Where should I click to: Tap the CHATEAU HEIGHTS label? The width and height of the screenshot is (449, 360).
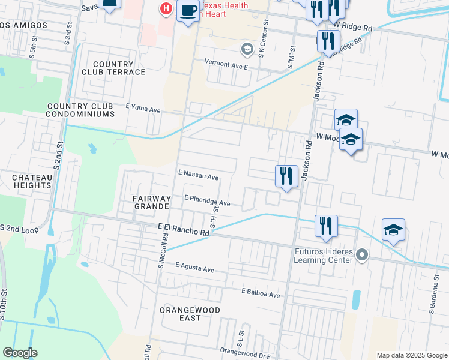pos(31,181)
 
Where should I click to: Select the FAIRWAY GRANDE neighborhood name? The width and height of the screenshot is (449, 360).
pos(150,202)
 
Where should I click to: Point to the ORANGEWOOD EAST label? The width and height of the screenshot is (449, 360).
pos(190,314)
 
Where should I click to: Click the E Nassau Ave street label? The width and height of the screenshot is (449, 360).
pos(199,177)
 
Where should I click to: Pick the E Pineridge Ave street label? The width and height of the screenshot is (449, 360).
pos(207,200)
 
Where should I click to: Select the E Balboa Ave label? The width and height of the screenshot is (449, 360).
pos(261,294)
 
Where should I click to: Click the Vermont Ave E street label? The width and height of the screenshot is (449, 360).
pos(226,62)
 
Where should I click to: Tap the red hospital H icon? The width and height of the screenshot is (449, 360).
pos(166,8)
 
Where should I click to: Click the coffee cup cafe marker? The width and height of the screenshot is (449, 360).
pos(188,11)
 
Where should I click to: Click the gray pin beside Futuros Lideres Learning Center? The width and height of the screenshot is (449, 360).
pos(361,256)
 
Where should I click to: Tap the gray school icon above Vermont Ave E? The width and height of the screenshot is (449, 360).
pos(246,48)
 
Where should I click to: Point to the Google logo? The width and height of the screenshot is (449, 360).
pos(20,353)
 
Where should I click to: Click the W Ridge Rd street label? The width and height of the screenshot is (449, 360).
pos(354,27)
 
